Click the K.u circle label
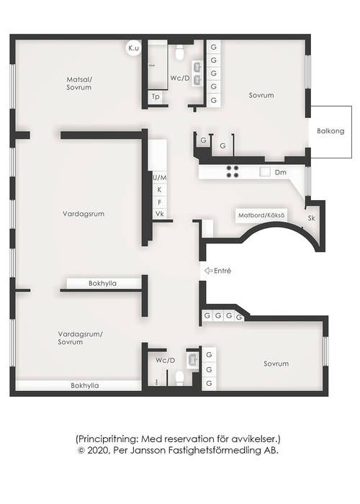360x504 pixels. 133,48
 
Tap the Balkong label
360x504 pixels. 330,131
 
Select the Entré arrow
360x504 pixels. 209,271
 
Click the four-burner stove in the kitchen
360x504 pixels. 233,171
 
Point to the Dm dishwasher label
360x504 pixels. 280,172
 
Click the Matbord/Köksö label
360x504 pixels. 261,215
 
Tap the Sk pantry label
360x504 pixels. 311,218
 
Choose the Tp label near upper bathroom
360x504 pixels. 156,96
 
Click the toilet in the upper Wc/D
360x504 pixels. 180,52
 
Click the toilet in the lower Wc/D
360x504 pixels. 180,378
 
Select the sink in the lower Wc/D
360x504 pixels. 193,360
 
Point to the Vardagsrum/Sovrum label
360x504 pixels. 81,338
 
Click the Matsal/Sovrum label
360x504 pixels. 79,84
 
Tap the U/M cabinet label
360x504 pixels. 160,177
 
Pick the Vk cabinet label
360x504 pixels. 160,214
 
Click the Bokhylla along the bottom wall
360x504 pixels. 85,385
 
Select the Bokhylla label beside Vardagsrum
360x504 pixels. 102,284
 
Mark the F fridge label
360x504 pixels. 159,202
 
